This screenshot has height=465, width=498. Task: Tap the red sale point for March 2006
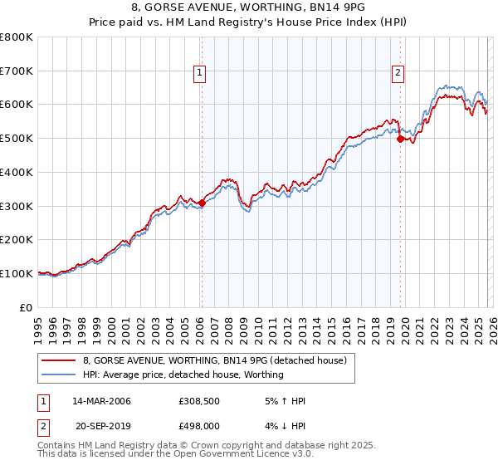(x=202, y=203)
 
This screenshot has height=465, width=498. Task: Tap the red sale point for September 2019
(x=400, y=139)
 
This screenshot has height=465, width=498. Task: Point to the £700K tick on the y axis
(x=18, y=71)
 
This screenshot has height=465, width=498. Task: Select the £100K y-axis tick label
(x=18, y=273)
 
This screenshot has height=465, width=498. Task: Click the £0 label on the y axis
(x=27, y=307)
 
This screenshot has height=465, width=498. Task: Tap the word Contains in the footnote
(x=58, y=445)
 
